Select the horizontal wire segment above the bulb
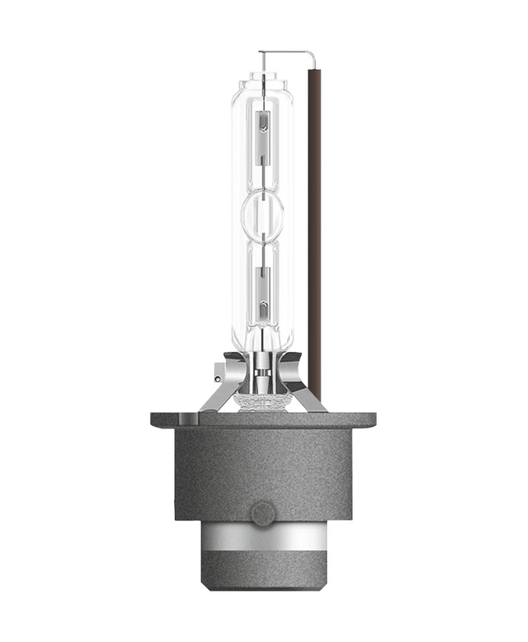pos(284,51)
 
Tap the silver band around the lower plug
pos(263,542)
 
